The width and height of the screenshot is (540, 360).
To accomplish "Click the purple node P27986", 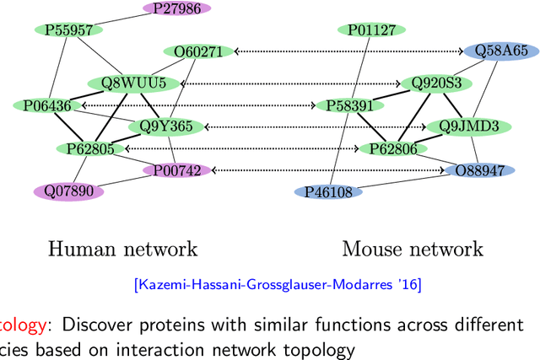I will (x=176, y=8).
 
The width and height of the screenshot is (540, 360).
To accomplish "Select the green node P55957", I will (x=68, y=30).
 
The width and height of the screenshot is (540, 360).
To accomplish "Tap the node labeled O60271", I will (x=198, y=51).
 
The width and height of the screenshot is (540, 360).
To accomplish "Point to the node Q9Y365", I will (x=166, y=127).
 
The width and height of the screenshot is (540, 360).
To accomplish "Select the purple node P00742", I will (x=176, y=170).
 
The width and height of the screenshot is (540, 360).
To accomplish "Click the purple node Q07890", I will (x=67, y=191).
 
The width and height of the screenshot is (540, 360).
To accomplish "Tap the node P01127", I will (x=372, y=30).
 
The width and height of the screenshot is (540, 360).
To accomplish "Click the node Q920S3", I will (x=436, y=83).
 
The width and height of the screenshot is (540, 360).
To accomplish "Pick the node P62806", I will (x=392, y=148).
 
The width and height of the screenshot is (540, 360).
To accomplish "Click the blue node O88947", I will (x=479, y=170).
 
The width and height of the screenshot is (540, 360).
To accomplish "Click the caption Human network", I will (x=122, y=249).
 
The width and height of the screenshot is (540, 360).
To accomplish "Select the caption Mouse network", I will (x=413, y=249).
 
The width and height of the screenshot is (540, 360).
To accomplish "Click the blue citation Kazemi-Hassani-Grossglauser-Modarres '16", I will (x=278, y=285).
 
